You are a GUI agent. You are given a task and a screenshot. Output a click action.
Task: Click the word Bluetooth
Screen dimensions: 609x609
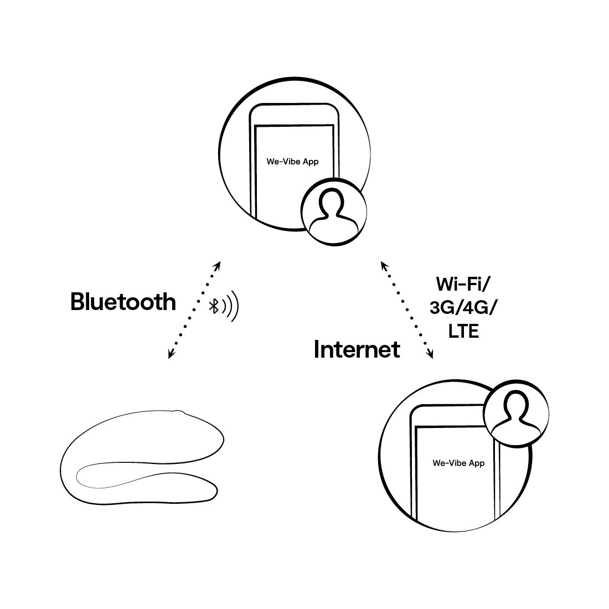click(x=123, y=301)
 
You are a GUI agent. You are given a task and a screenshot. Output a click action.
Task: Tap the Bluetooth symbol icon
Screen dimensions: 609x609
click(x=214, y=306)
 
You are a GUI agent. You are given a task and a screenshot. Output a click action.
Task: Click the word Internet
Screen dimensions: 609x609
click(x=357, y=349)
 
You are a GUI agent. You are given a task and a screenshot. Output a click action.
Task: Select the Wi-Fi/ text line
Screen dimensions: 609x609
click(x=463, y=284)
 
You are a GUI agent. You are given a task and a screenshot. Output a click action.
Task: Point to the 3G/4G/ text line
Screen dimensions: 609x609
click(x=463, y=308)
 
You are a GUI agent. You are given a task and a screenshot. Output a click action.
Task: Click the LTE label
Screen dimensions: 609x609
click(x=463, y=331)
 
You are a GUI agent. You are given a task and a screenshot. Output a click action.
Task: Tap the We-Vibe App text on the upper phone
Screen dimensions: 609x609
click(x=292, y=162)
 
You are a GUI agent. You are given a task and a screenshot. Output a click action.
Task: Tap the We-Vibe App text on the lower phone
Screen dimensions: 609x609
click(x=459, y=463)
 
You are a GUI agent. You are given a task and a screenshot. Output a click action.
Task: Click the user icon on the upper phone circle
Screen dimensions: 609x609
click(x=334, y=211)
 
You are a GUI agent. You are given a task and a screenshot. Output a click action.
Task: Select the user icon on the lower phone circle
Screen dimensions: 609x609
click(x=516, y=413)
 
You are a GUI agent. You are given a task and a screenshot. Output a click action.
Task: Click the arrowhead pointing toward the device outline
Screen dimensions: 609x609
click(x=171, y=354)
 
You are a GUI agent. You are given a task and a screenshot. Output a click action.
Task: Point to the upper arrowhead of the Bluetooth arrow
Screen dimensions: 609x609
click(x=218, y=266)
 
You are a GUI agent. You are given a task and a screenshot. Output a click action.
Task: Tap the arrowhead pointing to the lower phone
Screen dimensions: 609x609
click(x=430, y=354)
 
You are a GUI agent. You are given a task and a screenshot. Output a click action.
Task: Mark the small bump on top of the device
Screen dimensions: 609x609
click(x=179, y=411)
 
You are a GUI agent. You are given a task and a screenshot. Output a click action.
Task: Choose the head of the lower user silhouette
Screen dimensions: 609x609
click(x=516, y=403)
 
